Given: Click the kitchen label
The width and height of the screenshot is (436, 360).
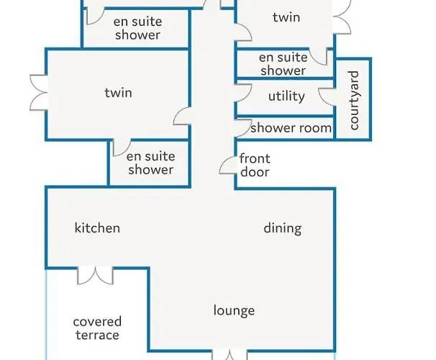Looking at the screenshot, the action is [97, 228].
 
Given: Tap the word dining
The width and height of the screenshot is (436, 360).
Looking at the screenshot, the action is [283, 229].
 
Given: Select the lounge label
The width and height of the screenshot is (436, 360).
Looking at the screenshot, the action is [234, 310].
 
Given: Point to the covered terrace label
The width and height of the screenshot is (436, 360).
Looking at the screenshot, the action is [97, 328].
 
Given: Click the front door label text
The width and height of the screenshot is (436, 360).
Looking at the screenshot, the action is [255, 166].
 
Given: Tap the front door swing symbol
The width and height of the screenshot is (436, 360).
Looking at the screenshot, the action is [228, 166].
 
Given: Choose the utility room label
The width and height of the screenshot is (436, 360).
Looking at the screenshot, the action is [286, 96].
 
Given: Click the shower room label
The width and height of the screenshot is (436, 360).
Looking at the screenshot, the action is [291, 128].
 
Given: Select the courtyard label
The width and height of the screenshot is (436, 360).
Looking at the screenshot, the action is [353, 100].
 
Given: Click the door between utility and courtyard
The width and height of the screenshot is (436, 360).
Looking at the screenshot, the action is [327, 96].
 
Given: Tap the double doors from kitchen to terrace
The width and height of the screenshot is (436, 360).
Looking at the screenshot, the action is [96, 276].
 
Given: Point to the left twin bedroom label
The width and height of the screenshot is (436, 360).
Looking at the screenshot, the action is [119, 93].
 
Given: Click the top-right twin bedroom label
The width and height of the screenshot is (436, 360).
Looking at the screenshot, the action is [286, 17].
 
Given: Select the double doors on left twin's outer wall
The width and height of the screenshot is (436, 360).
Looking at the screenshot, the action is [39, 93].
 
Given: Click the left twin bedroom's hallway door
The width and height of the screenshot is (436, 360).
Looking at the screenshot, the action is [182, 116].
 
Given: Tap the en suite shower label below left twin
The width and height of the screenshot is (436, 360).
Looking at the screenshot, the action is [150, 163].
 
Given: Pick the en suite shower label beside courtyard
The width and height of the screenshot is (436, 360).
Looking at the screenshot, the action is [283, 64].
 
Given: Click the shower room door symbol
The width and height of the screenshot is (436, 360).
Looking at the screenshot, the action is [244, 128].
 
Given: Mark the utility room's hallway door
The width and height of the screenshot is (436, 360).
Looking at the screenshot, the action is [244, 92].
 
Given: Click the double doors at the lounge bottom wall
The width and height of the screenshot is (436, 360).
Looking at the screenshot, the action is [230, 355].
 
